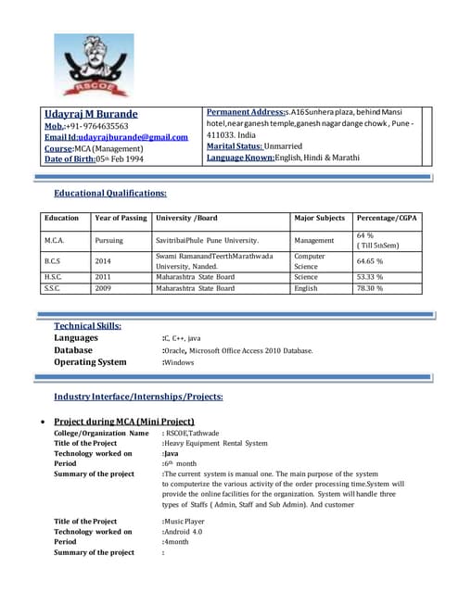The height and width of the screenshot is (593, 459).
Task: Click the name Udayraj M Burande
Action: (91, 114)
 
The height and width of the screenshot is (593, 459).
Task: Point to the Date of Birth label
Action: (70, 159)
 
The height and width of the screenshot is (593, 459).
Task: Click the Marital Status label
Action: (234, 146)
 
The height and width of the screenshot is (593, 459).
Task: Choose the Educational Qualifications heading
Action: (110, 193)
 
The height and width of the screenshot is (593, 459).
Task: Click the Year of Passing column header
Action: (121, 219)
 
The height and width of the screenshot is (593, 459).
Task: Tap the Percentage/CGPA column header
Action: (388, 219)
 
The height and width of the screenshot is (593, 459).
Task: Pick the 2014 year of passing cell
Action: (103, 261)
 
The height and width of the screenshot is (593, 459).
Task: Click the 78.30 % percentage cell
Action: (371, 288)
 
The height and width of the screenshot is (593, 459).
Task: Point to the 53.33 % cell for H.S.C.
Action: (371, 276)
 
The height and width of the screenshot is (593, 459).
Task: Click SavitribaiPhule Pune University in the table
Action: (212, 240)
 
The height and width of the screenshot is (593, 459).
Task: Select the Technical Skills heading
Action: (88, 326)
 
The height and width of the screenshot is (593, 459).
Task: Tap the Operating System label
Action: (90, 362)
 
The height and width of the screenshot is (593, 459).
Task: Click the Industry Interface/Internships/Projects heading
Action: (138, 397)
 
